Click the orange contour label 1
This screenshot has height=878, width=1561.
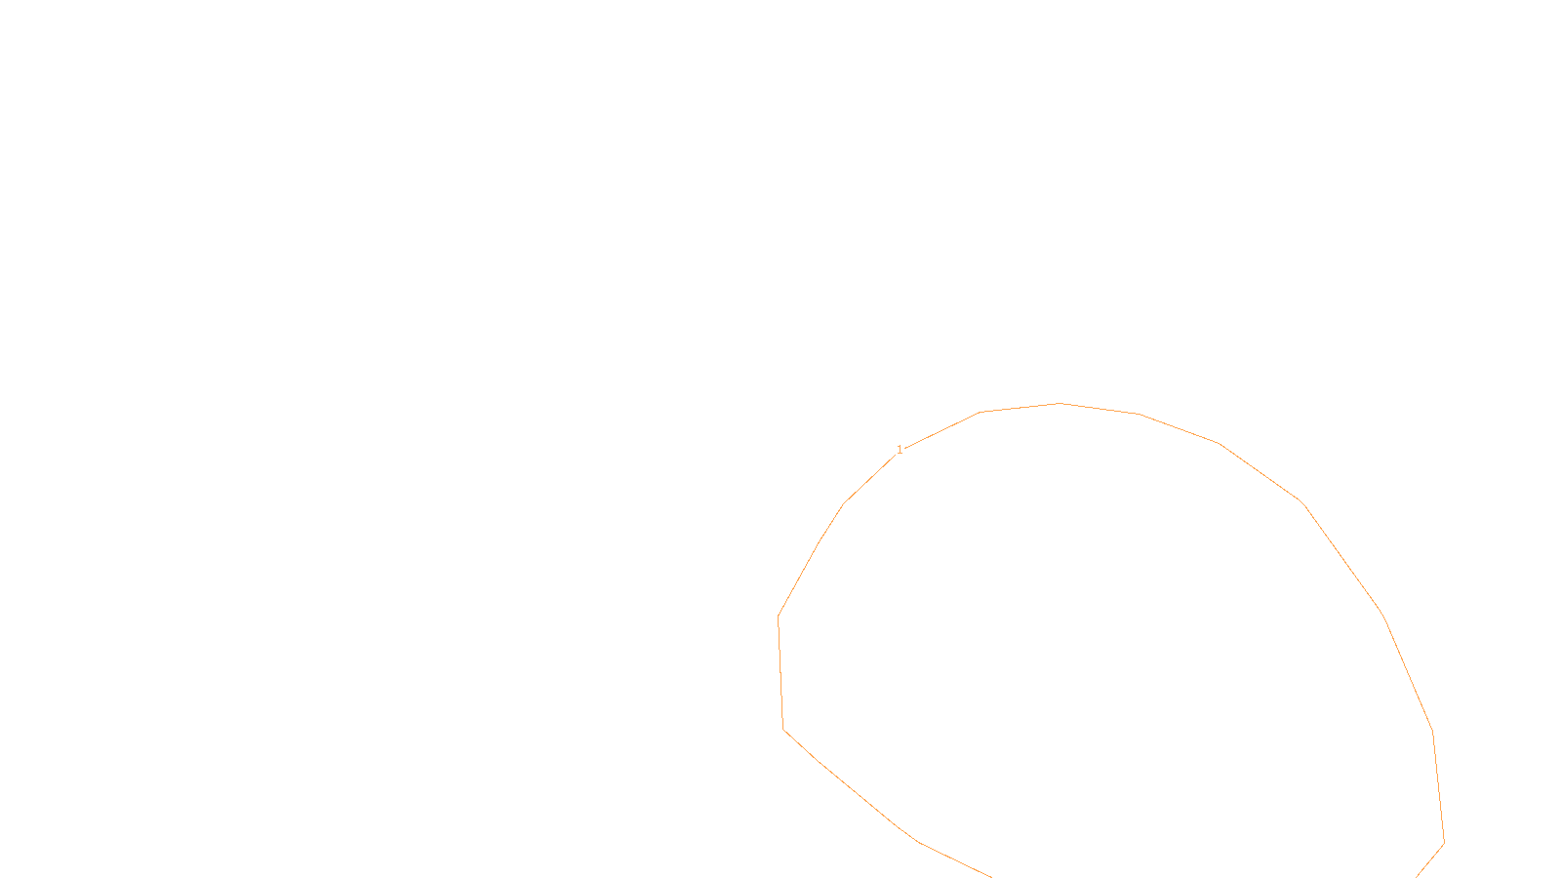[900, 450]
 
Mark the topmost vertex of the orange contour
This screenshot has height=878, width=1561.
[1060, 403]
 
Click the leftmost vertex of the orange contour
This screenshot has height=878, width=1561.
[778, 616]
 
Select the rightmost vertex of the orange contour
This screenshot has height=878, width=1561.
[1444, 843]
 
